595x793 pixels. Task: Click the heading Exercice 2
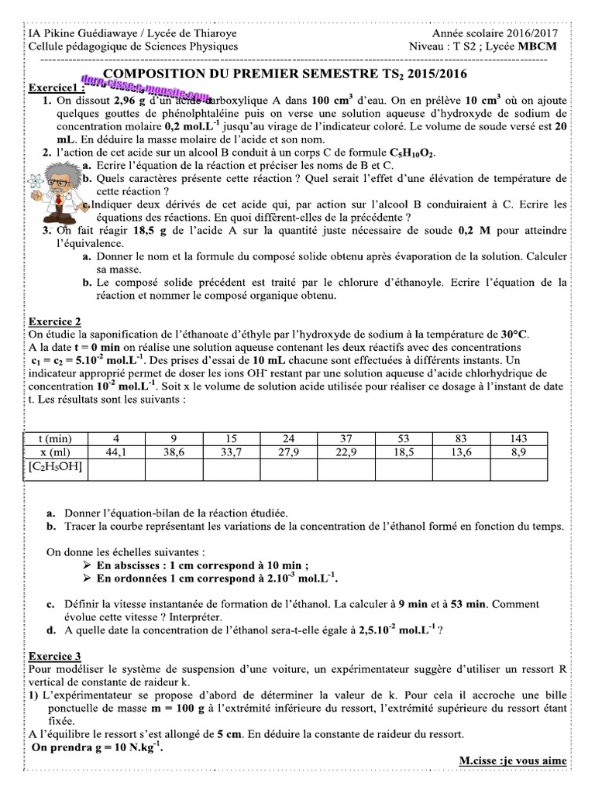(x=54, y=321)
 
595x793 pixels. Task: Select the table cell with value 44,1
(x=116, y=452)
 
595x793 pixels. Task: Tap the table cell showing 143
(x=518, y=438)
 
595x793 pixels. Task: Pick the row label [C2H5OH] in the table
(x=55, y=467)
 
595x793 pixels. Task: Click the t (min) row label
(x=55, y=438)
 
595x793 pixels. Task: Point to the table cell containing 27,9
(x=288, y=452)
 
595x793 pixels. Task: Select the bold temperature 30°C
(x=511, y=334)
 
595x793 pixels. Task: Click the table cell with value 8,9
(x=518, y=452)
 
